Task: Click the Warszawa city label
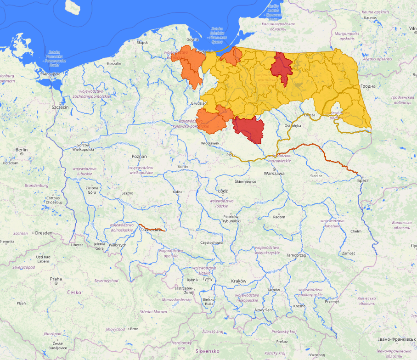pos(274,174)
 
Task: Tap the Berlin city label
pos(21,150)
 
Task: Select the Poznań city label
pos(139,157)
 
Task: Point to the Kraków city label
pos(239,281)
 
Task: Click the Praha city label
pos(56,279)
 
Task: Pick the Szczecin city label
pos(60,107)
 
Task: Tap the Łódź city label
pos(223,191)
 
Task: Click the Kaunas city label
pos(370,17)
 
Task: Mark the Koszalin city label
pos(114,63)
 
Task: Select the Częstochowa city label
pos(212,242)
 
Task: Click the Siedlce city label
pos(316,176)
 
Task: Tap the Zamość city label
pos(348,253)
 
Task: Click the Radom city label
pos(279,216)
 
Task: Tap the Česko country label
pos(74,292)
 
